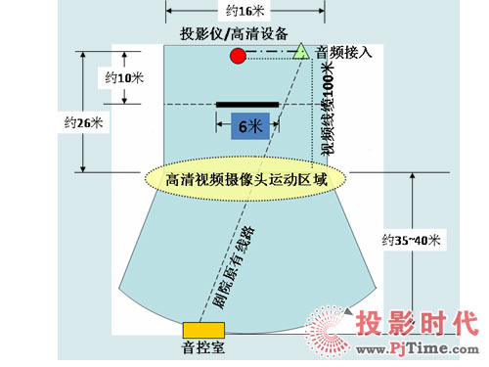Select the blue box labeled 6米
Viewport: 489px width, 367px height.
[x=248, y=126]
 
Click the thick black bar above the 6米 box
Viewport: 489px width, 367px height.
[x=248, y=104]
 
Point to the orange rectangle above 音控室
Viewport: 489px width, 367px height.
[x=203, y=328]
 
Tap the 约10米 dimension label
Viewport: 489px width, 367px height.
[x=122, y=76]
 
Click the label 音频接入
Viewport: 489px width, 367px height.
[x=344, y=51]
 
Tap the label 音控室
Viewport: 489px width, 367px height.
[x=202, y=346]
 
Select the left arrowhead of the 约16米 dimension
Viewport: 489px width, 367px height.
[x=168, y=11]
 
